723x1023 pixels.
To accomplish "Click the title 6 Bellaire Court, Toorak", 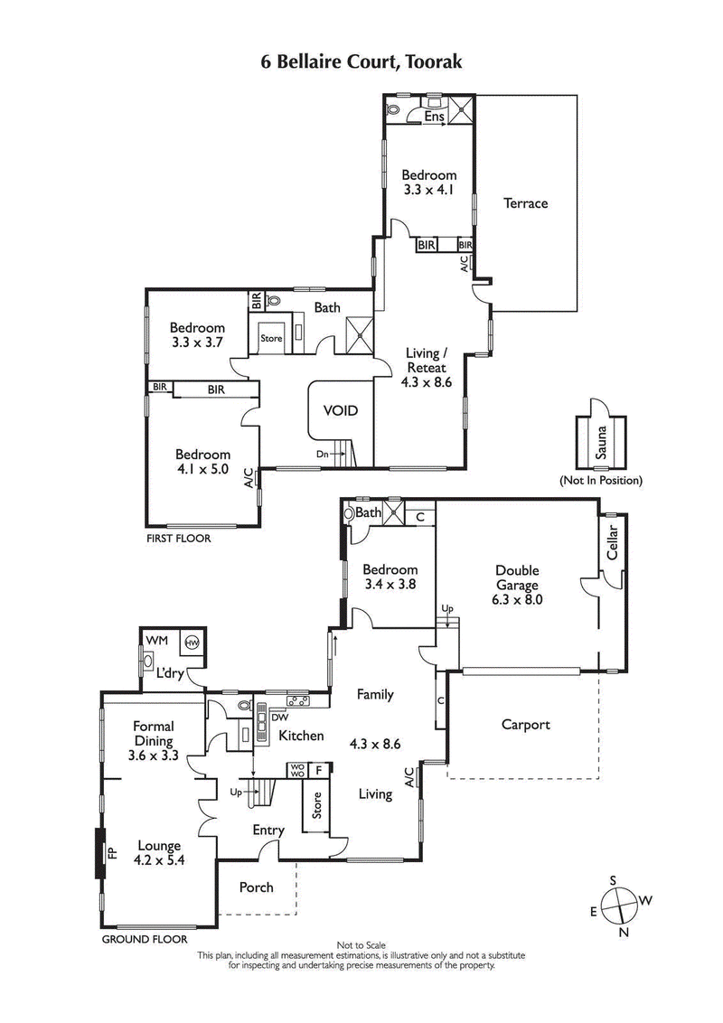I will coord(361,61).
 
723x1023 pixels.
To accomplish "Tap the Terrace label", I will coord(525,203).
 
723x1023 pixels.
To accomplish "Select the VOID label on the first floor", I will coord(341,410).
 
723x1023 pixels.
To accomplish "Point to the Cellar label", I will coord(612,542).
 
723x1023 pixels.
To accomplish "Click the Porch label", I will coord(256,887).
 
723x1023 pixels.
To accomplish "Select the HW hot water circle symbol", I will coord(192,643).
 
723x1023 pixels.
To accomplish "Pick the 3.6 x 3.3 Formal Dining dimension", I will coord(153,755).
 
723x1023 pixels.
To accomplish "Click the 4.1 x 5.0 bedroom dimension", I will coord(202,469).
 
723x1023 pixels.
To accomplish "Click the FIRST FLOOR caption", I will coord(178,539).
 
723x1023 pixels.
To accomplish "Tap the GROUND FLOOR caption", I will coord(136,940).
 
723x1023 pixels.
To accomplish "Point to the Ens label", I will coord(434,117).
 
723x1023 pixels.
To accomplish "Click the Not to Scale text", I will coord(361,945).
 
